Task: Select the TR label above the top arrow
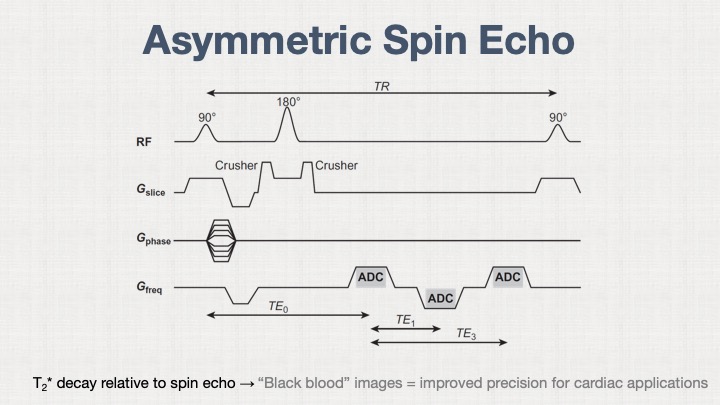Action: point(381,86)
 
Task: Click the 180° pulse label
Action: point(287,102)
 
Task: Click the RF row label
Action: point(144,143)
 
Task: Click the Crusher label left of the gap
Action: point(237,165)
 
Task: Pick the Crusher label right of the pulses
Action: point(337,165)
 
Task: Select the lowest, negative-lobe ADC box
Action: point(440,298)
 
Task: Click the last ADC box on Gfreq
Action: point(508,277)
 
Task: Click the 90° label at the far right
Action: point(558,117)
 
